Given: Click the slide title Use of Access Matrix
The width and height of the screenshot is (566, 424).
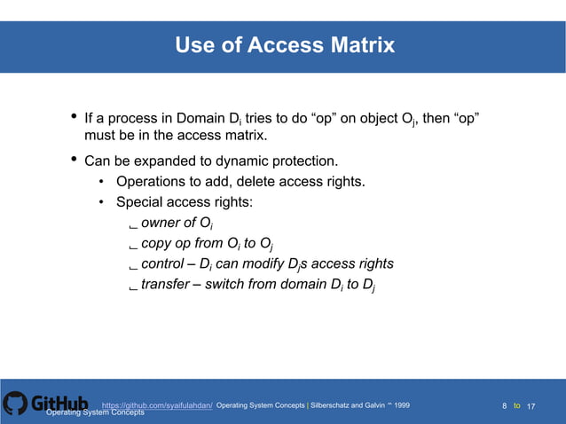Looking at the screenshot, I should [x=284, y=45].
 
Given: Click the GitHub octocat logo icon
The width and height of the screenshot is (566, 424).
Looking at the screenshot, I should [x=15, y=404].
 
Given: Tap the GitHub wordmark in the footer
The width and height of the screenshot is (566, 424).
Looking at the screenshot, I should [x=60, y=404].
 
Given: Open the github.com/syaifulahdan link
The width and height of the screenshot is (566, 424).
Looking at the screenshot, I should [x=157, y=405].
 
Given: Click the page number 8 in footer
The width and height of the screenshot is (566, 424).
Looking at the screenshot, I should [x=504, y=406].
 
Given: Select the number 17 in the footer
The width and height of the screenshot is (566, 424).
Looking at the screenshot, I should [x=531, y=406].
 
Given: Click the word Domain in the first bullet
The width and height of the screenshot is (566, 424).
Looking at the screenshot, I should [x=202, y=119].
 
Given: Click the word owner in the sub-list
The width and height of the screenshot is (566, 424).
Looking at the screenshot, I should [x=161, y=223].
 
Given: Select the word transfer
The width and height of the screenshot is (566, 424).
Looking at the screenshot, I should [x=166, y=286].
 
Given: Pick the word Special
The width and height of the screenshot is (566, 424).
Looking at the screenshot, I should [x=141, y=202].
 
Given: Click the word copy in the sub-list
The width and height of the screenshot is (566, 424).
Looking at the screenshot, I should [x=157, y=244].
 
